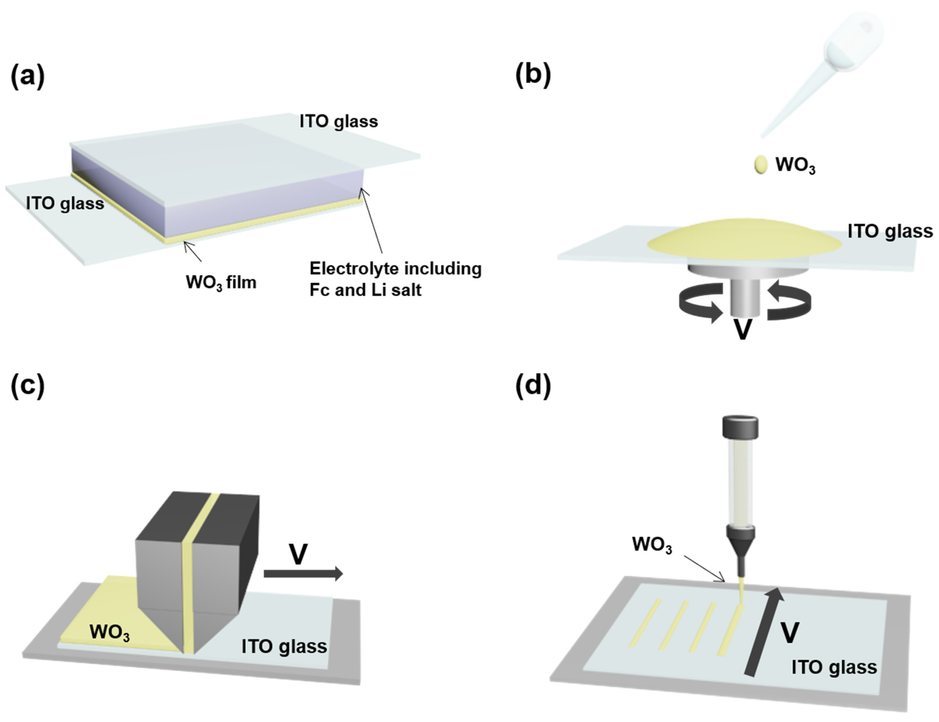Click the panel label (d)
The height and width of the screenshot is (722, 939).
coord(533,385)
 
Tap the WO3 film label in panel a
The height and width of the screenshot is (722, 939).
coord(221,283)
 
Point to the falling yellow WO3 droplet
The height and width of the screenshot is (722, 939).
coord(761,165)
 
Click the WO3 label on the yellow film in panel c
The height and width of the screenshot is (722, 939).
coord(110,633)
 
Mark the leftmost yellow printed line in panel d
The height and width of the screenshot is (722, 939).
coord(645,623)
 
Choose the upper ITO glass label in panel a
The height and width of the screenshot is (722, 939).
coord(339,122)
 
